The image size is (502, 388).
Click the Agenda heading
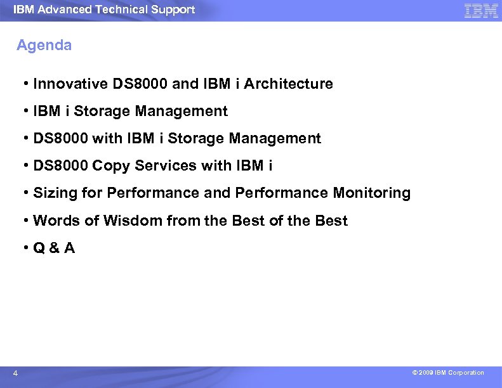(44, 46)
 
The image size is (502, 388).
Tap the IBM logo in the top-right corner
(480, 11)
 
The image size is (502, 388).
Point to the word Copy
(109, 165)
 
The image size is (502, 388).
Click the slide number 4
(15, 373)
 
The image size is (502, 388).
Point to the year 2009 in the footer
(425, 373)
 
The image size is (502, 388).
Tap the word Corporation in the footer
(466, 373)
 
